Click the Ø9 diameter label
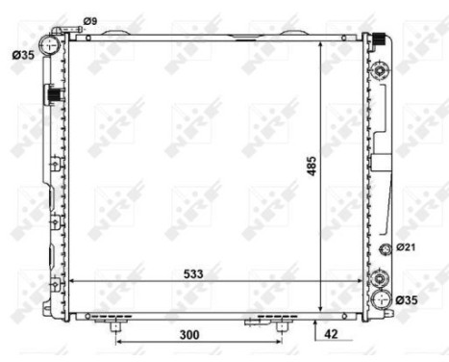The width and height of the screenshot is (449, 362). pos(89,20)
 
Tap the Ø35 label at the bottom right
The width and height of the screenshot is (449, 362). pos(410,301)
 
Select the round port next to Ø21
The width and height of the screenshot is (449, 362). pos(386,250)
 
